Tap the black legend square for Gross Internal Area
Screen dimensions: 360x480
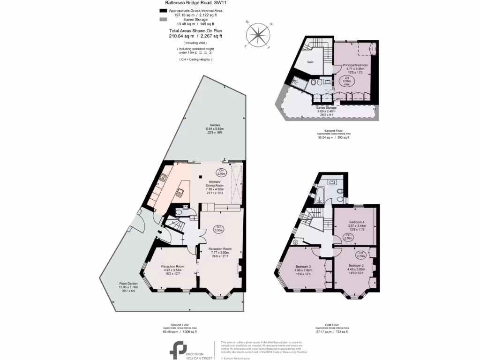pyautogui.click(x=163, y=10)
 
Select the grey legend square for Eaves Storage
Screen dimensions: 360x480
pyautogui.click(x=163, y=19)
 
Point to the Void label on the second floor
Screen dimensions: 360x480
pyautogui.click(x=310, y=62)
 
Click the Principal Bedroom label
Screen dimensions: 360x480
pyautogui.click(x=355, y=65)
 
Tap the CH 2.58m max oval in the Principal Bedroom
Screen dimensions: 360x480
pyautogui.click(x=347, y=81)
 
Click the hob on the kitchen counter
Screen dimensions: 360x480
pyautogui.click(x=164, y=177)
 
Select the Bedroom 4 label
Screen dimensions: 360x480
pyautogui.click(x=356, y=222)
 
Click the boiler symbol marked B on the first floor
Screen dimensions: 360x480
pyautogui.click(x=295, y=242)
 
